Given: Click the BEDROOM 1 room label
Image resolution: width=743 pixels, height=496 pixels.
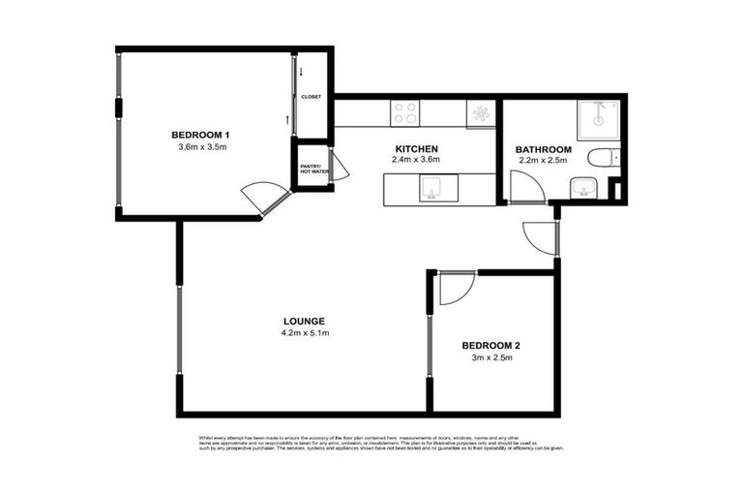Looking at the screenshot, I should (x=200, y=135).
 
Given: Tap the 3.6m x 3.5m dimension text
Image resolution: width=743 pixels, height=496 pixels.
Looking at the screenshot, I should (x=201, y=147).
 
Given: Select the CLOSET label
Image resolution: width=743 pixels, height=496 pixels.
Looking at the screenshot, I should (x=312, y=97).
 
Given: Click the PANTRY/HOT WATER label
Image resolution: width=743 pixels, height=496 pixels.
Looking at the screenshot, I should (x=312, y=170).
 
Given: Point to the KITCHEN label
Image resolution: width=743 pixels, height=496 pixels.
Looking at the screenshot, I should (x=415, y=147).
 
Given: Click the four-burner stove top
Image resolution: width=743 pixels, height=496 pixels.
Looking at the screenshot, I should (x=405, y=113).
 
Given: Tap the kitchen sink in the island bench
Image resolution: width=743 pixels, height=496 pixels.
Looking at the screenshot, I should (x=431, y=188).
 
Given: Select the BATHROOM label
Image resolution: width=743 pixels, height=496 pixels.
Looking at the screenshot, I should (x=545, y=150).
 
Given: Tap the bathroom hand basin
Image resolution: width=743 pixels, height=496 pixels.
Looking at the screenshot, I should (x=580, y=187).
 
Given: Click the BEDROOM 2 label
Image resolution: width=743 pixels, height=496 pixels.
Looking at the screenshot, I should (x=492, y=345).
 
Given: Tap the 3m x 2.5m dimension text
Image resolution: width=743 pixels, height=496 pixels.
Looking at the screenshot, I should (x=492, y=357).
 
